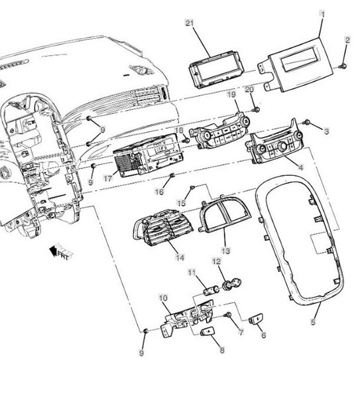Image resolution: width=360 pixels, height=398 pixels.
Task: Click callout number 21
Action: click(x=190, y=23)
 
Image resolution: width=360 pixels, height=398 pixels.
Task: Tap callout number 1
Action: click(x=323, y=14)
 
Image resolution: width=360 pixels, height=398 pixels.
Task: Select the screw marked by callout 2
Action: click(x=343, y=66)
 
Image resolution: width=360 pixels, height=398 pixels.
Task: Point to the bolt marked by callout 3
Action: click(x=306, y=122)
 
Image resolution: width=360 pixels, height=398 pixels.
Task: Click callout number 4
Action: click(x=300, y=168)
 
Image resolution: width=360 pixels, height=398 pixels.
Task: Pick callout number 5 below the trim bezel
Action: click(x=313, y=322)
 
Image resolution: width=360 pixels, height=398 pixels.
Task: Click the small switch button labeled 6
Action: click(x=256, y=319)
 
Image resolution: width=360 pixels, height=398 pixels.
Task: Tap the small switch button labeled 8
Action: click(x=208, y=331)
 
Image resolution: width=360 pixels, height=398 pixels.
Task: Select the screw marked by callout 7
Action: click(x=227, y=315)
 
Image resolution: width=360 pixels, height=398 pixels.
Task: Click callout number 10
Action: click(x=163, y=297)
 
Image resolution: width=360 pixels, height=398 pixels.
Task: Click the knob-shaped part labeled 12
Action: click(x=231, y=283)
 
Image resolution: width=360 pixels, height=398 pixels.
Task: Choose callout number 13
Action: click(x=225, y=251)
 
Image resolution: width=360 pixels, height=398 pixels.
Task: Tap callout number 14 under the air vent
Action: click(x=180, y=257)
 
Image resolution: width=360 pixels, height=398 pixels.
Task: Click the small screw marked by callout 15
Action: click(x=192, y=187)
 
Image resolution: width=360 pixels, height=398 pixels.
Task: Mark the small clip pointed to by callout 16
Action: click(x=172, y=175)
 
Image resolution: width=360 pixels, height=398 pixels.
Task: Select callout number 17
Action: click(x=108, y=178)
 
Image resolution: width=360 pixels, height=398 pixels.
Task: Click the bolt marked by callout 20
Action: click(x=257, y=109)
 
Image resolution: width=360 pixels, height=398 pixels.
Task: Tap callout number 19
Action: click(x=231, y=95)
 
